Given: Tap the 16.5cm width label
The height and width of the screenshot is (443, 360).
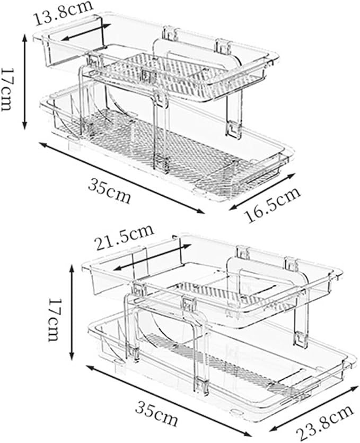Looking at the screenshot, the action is (273, 204).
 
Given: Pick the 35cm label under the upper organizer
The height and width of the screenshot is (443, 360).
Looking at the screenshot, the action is (110, 190).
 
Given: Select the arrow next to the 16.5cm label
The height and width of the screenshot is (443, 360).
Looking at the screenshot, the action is (262, 192).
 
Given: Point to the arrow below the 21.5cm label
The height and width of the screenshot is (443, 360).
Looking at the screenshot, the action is (153, 257).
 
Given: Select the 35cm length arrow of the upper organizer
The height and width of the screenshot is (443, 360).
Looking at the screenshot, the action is (122, 178).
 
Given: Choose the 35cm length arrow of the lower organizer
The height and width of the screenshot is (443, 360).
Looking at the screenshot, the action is (169, 401).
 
